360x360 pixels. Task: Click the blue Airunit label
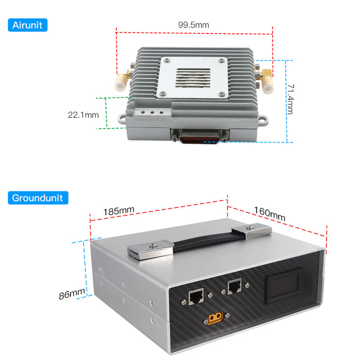click(28, 24)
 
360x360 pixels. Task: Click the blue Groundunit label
click(38, 197)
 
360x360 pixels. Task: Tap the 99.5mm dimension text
click(193, 24)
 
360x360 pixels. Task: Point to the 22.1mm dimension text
click(83, 115)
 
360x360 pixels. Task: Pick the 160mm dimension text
click(269, 213)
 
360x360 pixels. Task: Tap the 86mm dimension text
click(71, 294)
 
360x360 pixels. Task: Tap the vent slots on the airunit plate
click(193, 79)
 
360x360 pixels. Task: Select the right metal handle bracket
click(251, 230)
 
